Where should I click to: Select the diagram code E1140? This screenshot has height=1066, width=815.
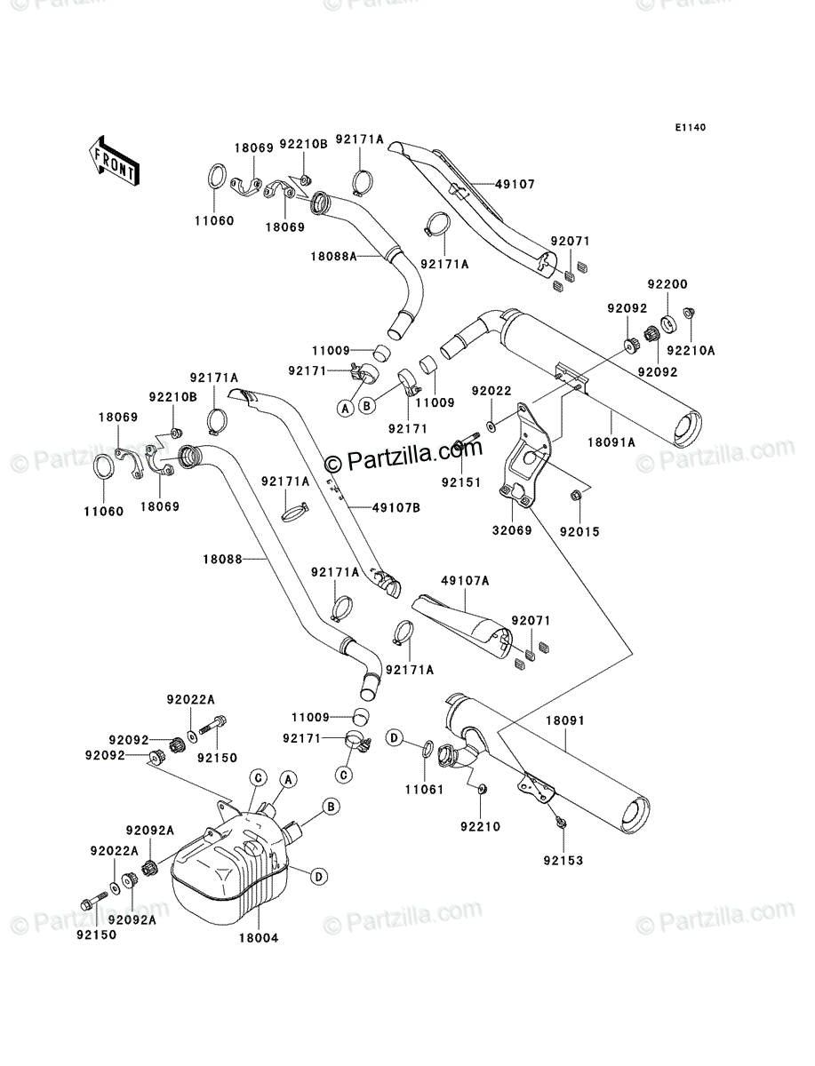pos(690,128)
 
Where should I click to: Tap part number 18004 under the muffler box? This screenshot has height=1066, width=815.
pos(259,938)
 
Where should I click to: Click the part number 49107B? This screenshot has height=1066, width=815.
pos(396,508)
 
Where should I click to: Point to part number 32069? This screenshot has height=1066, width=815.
pos(512,531)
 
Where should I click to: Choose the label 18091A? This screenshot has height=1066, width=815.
pos(611,443)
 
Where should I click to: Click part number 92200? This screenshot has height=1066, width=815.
pos(667,284)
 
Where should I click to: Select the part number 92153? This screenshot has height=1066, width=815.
pos(563,861)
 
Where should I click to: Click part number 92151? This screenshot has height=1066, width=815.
pos(461,482)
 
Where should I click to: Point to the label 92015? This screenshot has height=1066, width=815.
pos(579,532)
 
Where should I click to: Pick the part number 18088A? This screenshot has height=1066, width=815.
pos(333,256)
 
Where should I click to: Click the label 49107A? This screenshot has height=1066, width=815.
pos(465,581)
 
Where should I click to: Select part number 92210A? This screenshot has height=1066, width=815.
pos(691,351)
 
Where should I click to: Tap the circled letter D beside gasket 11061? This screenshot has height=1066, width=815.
pos(394,739)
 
